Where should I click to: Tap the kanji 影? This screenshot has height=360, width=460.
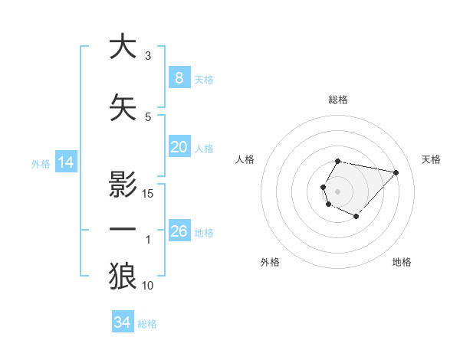(x=123, y=185)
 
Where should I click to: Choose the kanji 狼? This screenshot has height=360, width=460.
(x=123, y=276)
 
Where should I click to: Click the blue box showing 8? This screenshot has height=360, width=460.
(x=179, y=78)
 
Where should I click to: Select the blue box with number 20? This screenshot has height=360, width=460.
(x=179, y=147)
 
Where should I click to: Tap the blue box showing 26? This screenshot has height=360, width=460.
(x=179, y=231)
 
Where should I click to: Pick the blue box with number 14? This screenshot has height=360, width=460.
(x=65, y=162)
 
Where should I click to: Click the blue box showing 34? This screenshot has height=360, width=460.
(x=123, y=322)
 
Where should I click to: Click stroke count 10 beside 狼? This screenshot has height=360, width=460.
(x=148, y=286)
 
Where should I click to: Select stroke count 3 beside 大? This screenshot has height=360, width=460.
(x=148, y=56)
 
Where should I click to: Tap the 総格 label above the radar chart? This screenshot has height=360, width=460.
(x=337, y=100)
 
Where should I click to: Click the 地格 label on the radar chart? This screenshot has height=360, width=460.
(x=402, y=262)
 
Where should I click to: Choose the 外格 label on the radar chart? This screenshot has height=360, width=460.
(x=270, y=262)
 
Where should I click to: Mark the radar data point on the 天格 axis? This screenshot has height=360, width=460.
(x=396, y=172)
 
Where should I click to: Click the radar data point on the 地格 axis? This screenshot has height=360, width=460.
(x=356, y=217)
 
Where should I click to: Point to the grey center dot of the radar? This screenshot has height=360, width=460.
(x=337, y=190)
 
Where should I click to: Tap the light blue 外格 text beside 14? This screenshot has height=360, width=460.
(x=41, y=163)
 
